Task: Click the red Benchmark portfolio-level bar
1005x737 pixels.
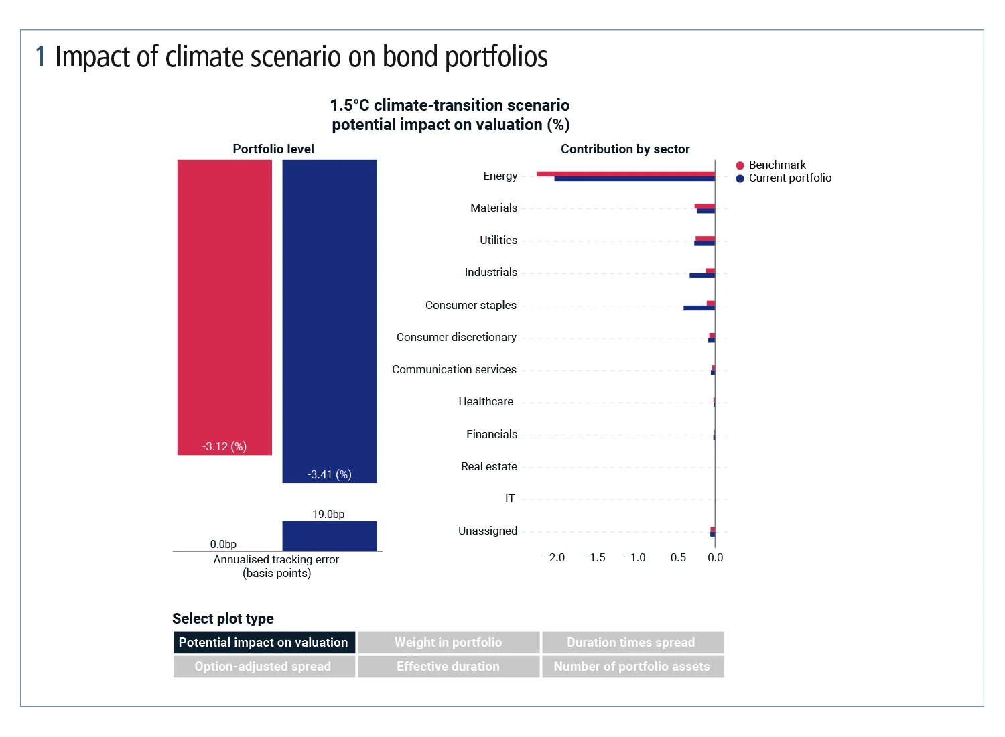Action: click(224, 301)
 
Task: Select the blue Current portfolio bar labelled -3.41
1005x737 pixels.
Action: click(330, 315)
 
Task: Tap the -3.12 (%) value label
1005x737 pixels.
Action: click(224, 446)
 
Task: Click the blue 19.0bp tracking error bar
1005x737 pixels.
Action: click(330, 536)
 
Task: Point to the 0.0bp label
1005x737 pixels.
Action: click(223, 544)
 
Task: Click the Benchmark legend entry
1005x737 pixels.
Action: click(777, 165)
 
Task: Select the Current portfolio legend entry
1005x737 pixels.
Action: click(789, 178)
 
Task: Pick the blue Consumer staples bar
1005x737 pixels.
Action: click(699, 308)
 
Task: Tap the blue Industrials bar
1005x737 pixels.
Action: click(702, 275)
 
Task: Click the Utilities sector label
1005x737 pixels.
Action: click(498, 240)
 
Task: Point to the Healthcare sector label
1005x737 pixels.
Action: click(486, 401)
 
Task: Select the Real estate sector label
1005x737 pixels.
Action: click(489, 466)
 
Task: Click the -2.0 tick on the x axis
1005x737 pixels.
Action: click(554, 557)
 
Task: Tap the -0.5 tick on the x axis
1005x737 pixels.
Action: click(675, 557)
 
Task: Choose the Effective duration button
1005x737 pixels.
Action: click(448, 667)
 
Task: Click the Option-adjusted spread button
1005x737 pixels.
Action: click(263, 667)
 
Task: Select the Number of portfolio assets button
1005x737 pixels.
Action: click(632, 667)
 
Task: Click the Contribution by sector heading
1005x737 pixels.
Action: click(625, 149)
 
